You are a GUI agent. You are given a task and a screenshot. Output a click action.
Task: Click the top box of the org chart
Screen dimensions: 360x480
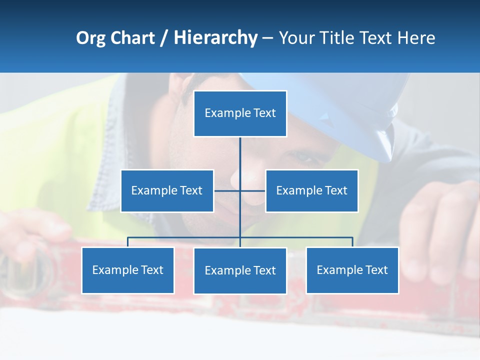240,113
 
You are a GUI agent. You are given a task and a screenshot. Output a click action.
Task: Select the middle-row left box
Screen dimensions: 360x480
167,190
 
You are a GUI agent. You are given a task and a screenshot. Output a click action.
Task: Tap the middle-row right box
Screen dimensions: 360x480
311,190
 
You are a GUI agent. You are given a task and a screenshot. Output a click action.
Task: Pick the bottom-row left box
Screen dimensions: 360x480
127,270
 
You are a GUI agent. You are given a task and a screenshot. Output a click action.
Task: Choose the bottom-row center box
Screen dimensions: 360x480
240,270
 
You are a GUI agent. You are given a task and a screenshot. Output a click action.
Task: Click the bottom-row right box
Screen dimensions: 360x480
352,270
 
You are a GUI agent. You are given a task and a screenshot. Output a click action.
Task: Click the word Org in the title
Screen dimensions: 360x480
90,38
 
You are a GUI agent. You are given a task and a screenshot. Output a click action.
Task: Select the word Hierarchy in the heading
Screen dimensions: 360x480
215,38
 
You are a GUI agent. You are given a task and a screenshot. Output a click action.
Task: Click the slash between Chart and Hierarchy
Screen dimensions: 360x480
164,38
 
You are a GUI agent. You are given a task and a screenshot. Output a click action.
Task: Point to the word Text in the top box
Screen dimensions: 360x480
264,113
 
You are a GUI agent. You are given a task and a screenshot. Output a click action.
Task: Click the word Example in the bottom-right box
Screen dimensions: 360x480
339,270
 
